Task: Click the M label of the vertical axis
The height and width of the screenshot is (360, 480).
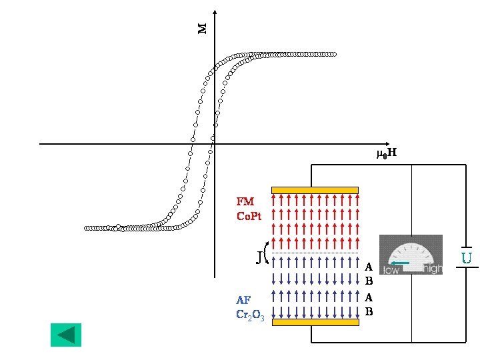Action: point(203,28)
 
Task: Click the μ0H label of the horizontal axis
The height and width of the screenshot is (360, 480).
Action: point(387,154)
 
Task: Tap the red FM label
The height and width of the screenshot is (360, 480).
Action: point(245,201)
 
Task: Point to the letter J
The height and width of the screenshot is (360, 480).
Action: point(259,256)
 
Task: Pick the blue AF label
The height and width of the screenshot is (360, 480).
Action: point(243,300)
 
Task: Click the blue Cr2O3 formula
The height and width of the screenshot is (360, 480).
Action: point(250,315)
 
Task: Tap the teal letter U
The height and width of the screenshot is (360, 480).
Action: point(467,257)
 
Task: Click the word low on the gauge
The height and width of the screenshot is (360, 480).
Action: point(392,269)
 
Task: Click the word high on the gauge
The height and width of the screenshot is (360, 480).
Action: point(432,269)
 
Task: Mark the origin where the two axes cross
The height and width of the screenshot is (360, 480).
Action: point(215,143)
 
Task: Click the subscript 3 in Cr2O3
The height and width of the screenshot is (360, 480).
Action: point(263,318)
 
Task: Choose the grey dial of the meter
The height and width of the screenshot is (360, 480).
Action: point(411,254)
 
